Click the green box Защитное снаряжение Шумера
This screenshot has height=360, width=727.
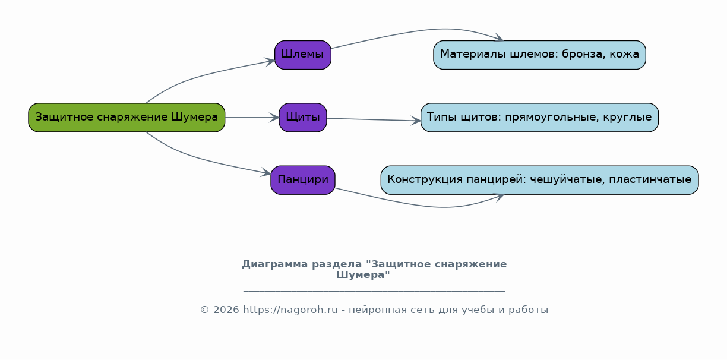tap(127, 118)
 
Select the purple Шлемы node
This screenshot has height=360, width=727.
tap(303, 55)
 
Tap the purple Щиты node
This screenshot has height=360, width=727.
tap(303, 118)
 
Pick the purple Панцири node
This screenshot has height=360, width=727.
tap(303, 180)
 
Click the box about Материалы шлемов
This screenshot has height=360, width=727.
tap(539, 55)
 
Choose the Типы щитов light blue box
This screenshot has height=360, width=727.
tap(539, 118)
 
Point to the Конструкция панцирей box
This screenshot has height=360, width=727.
tap(539, 180)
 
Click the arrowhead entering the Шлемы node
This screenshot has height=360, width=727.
tap(270, 61)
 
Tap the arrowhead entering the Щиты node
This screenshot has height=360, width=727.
tap(274, 118)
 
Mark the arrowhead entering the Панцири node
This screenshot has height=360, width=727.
tap(266, 173)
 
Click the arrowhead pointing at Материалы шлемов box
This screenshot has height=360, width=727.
tap(498, 37)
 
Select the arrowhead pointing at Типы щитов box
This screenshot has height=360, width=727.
tap(416, 121)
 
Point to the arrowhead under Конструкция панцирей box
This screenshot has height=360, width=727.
tap(499, 197)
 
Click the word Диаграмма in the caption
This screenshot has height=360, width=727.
tap(275, 264)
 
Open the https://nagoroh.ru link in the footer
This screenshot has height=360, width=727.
tap(290, 310)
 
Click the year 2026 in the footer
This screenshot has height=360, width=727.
tap(226, 310)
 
